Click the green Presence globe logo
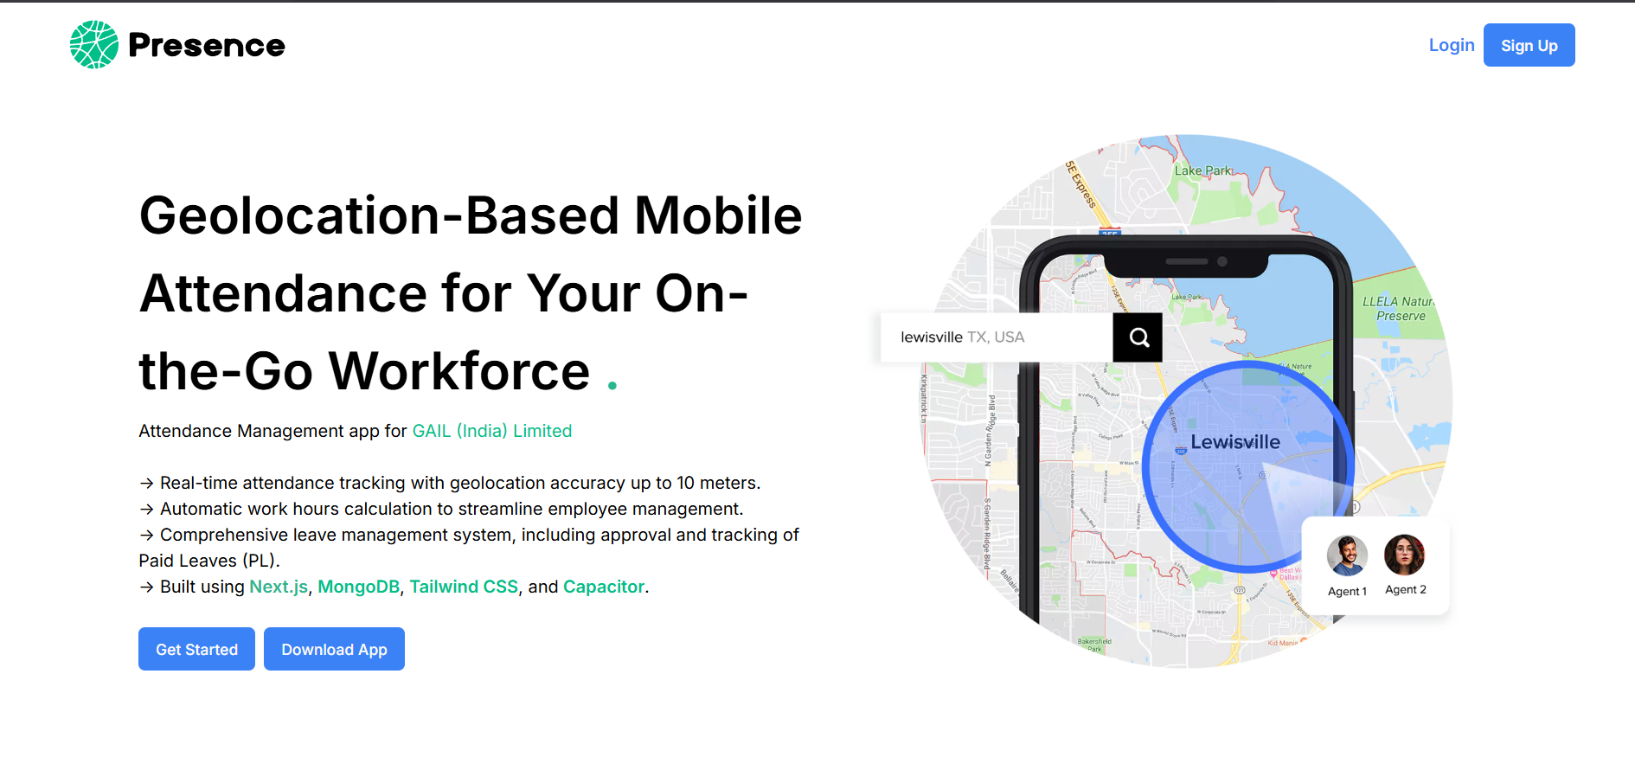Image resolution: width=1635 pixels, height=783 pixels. [93, 45]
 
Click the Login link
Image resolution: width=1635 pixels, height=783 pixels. [1451, 45]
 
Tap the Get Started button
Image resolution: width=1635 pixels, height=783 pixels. [196, 649]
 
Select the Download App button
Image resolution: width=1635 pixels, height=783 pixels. [334, 649]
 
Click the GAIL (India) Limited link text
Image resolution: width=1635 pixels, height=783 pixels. [491, 431]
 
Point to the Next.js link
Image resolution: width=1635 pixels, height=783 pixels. [278, 587]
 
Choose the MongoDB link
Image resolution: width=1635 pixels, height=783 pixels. [358, 587]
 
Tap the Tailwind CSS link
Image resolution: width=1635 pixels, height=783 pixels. [463, 587]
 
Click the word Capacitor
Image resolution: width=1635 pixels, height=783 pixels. [603, 587]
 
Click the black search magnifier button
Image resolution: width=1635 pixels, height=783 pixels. [1138, 337]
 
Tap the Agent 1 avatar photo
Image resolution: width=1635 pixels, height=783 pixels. [1347, 555]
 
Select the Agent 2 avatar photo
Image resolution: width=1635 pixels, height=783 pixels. [1404, 555]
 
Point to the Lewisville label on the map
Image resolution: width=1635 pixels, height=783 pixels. [1234, 442]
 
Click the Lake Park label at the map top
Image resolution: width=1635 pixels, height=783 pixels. [1202, 170]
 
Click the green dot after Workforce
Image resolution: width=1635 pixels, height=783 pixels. [612, 386]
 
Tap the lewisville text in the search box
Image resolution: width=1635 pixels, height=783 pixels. [931, 337]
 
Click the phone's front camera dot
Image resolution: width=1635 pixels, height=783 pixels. [1222, 261]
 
